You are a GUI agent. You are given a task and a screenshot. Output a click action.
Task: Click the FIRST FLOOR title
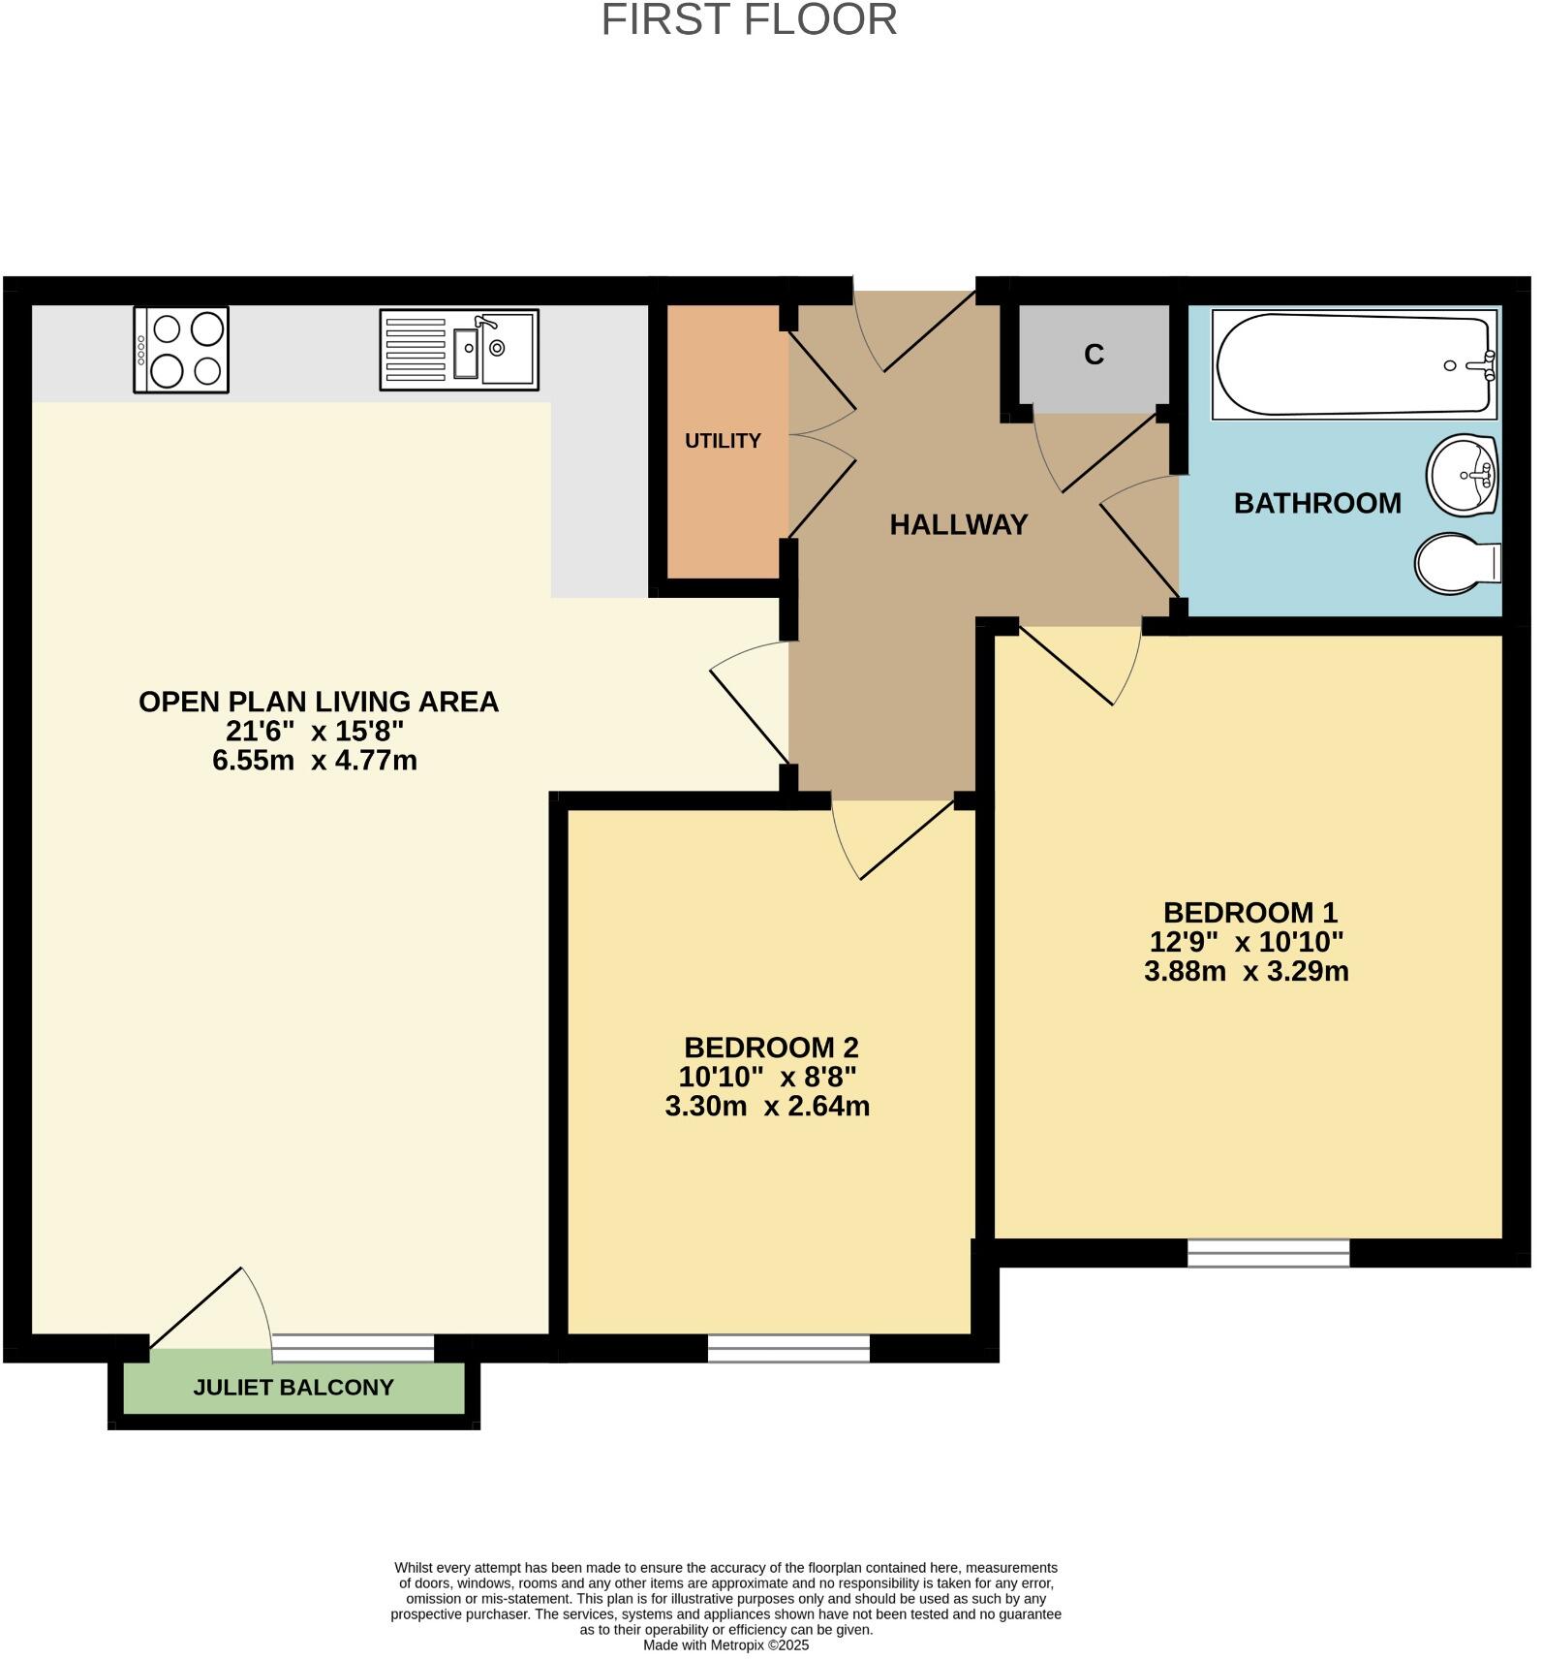749,20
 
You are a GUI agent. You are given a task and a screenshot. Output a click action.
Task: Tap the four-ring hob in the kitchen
181,350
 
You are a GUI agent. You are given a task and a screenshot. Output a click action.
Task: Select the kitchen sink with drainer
458,350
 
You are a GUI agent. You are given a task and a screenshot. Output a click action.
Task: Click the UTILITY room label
723,441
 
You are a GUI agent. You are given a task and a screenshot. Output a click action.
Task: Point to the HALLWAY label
958,524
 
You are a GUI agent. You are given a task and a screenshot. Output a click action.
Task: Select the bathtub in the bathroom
1354,364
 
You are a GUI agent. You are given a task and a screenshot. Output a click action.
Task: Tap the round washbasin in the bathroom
1463,475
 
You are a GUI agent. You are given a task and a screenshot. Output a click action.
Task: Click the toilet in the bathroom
1456,562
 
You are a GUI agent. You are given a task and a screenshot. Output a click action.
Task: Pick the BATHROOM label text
1317,503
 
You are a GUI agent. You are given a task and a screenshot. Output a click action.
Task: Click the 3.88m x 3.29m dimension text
1247,971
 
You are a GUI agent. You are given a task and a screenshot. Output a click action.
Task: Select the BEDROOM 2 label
771,1048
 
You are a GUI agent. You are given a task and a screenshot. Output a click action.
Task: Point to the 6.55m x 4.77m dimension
315,760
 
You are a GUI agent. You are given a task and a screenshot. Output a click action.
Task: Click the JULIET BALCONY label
293,1387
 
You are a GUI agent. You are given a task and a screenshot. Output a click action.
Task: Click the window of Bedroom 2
788,1348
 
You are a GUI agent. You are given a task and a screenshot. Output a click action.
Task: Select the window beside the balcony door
353,1347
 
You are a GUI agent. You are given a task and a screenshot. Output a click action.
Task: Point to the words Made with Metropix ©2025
725,1644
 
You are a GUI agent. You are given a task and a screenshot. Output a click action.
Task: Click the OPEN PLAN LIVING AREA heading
319,702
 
